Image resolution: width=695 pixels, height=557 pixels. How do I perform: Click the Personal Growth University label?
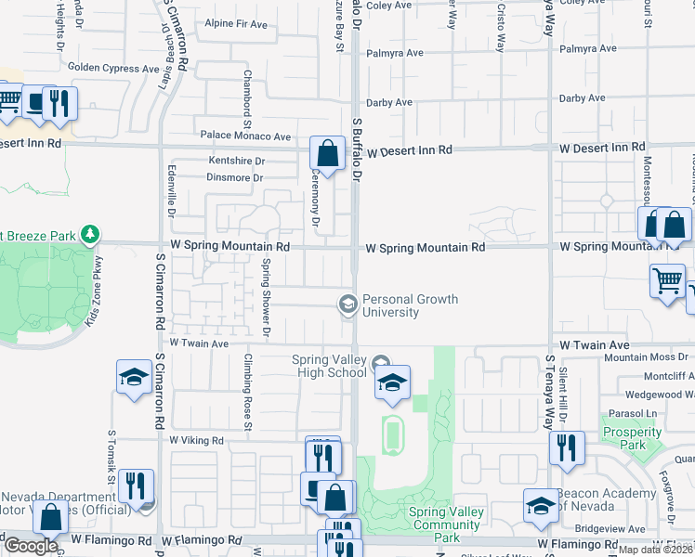point(390,306)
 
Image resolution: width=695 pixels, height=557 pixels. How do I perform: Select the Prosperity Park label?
point(624,438)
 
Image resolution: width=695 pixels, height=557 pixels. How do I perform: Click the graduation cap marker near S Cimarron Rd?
point(134,377)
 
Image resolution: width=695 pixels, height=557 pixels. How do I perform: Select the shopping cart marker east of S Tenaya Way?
point(667,280)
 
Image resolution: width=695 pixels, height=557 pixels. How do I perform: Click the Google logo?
point(30,546)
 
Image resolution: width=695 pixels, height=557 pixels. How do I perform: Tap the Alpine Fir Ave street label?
point(236,23)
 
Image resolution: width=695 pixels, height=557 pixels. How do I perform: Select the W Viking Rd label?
point(197,440)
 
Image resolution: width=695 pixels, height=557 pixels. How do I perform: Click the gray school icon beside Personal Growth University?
point(347,304)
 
